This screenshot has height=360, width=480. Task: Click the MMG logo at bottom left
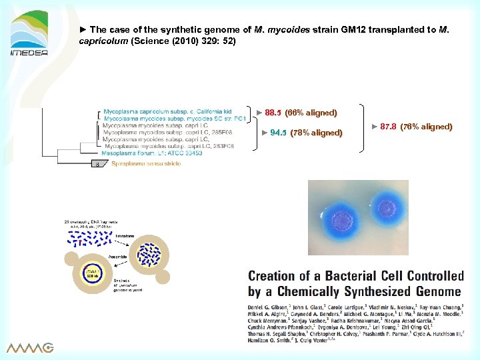30,347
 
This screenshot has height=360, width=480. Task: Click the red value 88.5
273,113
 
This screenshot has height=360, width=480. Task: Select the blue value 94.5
278,132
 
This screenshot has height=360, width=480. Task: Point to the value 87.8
388,127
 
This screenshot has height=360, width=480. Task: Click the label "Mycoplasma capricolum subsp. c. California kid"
167,111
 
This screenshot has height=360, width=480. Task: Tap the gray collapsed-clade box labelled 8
97,163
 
